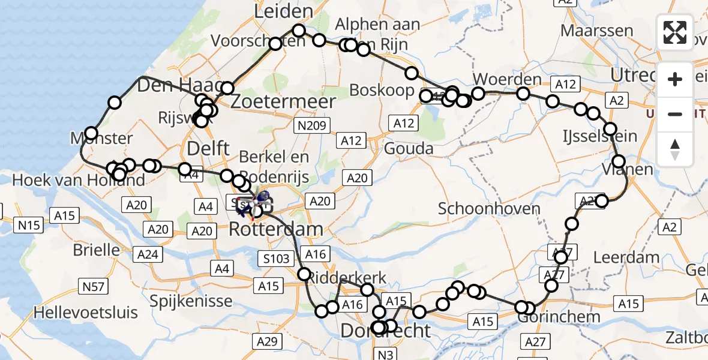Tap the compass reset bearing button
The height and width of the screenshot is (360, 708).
click(675, 150)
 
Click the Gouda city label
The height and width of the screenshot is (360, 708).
click(410, 148)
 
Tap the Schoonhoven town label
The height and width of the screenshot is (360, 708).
click(490, 209)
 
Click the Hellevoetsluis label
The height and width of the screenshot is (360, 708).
click(86, 312)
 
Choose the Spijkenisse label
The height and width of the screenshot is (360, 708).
click(175, 299)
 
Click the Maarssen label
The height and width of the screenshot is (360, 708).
click(597, 31)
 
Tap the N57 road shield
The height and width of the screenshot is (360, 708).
click(94, 287)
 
